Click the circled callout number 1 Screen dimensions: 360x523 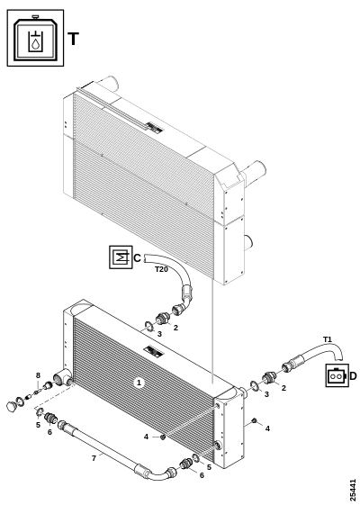pyautogui.click(x=139, y=383)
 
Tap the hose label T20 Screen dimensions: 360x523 pyautogui.click(x=161, y=269)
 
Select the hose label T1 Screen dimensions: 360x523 pyautogui.click(x=328, y=339)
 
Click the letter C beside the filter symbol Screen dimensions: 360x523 pyautogui.click(x=137, y=257)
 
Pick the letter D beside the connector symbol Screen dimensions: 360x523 pyautogui.click(x=354, y=376)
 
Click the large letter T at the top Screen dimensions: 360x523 pyautogui.click(x=73, y=39)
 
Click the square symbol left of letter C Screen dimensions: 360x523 pyautogui.click(x=121, y=257)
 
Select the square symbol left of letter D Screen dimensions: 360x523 pyautogui.click(x=337, y=375)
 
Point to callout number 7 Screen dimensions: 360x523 pyautogui.click(x=94, y=458)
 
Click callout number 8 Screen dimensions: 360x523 pyautogui.click(x=38, y=375)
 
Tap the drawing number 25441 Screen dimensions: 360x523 pyautogui.click(x=353, y=490)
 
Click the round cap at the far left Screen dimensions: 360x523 pyautogui.click(x=12, y=406)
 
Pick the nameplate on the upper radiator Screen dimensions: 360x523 pyautogui.click(x=154, y=127)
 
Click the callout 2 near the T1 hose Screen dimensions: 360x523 pyautogui.click(x=283, y=388)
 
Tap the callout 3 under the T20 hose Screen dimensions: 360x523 pyautogui.click(x=159, y=334)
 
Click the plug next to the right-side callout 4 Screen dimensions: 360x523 pyautogui.click(x=254, y=420)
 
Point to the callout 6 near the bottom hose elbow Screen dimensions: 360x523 pyautogui.click(x=202, y=475)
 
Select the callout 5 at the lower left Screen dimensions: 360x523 pyautogui.click(x=38, y=425)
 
